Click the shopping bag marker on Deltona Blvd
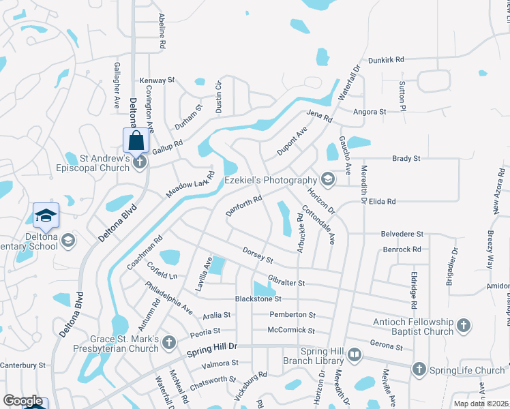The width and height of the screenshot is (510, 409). pyautogui.click(x=136, y=141)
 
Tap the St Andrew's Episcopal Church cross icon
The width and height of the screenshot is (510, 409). pyautogui.click(x=139, y=162)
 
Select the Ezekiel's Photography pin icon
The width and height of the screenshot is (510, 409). pyautogui.click(x=327, y=179)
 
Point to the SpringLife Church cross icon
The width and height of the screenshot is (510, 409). pyautogui.click(x=418, y=369)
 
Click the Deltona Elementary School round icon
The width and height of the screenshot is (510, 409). pyautogui.click(x=67, y=239)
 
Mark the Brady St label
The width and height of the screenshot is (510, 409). pyautogui.click(x=406, y=158)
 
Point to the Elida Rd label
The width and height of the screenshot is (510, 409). pyautogui.click(x=401, y=202)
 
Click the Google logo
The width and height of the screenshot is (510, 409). pyautogui.click(x=22, y=401)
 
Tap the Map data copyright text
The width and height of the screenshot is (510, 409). pyautogui.click(x=481, y=404)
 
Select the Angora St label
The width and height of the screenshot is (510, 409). pyautogui.click(x=370, y=111)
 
